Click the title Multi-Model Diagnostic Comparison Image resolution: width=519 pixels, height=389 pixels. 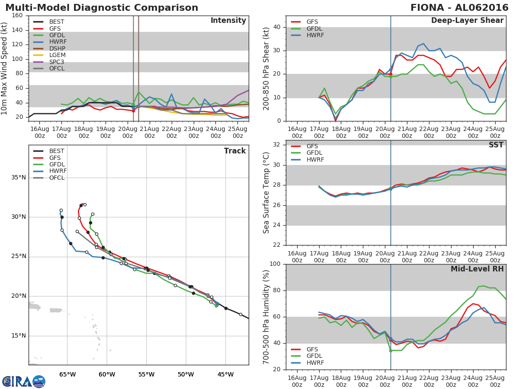102,8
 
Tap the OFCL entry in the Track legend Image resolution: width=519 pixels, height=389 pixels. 57,178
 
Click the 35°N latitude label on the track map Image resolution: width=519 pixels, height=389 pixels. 19,177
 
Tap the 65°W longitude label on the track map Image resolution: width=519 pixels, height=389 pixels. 67,374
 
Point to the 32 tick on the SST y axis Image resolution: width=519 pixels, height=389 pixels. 277,145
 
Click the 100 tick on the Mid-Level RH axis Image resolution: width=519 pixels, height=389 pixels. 275,264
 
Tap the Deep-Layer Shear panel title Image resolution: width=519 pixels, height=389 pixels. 467,21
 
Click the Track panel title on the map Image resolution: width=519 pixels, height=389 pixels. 235,151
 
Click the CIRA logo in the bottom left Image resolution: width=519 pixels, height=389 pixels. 23,381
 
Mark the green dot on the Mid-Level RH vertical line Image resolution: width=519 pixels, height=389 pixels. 391,351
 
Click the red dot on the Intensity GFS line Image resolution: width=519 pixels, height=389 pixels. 133,111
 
